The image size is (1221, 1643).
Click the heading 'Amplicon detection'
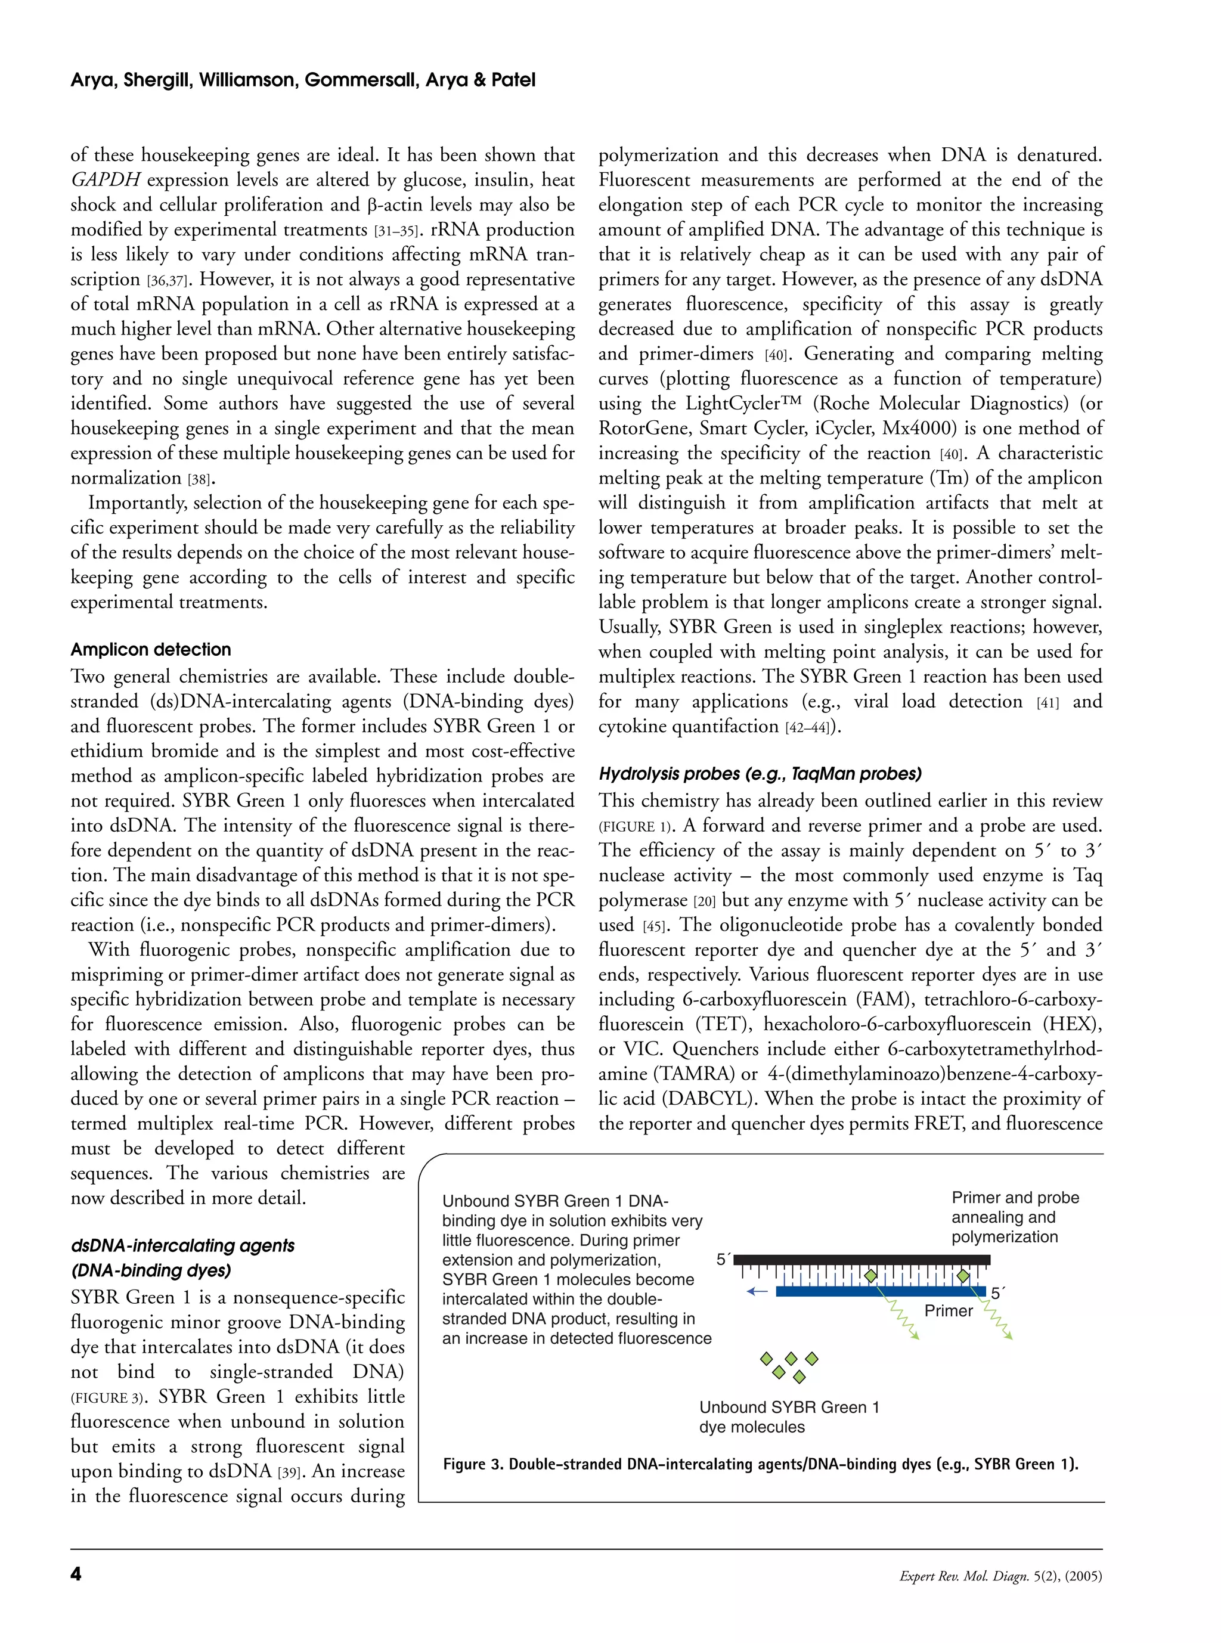151,650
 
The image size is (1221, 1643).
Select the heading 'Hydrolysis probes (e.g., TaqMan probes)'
760,774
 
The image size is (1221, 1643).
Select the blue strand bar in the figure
879,1291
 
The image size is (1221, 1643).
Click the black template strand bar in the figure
861,1258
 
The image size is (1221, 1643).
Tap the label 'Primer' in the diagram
949,1311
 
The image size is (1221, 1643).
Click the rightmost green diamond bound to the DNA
963,1276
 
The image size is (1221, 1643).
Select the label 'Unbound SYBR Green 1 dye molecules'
789,1417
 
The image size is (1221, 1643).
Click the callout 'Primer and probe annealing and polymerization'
1014,1217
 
